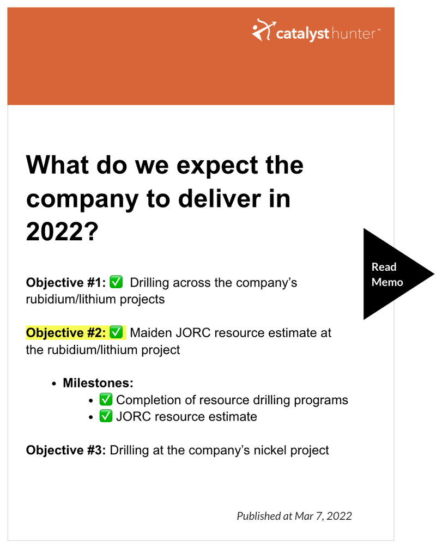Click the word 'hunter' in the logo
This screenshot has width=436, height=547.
click(353, 34)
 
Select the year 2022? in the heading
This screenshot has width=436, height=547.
click(62, 232)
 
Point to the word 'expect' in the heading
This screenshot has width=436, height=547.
click(217, 166)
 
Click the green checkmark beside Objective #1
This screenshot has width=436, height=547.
click(116, 282)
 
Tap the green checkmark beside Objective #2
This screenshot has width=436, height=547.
click(116, 332)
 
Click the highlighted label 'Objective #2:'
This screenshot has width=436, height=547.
click(65, 332)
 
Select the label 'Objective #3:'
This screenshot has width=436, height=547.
click(65, 450)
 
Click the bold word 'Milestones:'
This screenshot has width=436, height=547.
click(98, 383)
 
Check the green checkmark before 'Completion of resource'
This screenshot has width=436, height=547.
click(106, 399)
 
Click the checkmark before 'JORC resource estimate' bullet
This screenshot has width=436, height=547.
click(106, 416)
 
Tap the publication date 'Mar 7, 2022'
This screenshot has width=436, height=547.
click(323, 516)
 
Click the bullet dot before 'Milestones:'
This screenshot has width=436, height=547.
click(54, 384)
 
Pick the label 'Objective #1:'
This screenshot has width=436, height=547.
click(65, 282)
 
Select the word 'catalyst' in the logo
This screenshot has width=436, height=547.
click(302, 34)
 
